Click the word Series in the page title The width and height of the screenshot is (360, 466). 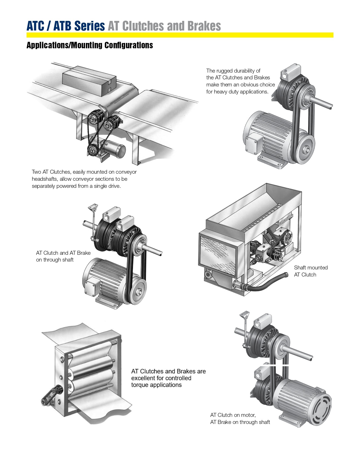90,26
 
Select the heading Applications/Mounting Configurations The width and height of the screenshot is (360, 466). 90,45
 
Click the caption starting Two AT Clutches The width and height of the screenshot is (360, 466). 84,179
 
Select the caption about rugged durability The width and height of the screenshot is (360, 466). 240,81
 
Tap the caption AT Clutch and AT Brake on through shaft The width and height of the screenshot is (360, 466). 63,256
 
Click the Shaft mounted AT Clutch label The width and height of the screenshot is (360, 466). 311,271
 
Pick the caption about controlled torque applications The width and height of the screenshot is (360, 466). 168,378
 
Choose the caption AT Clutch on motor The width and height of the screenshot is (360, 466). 240,418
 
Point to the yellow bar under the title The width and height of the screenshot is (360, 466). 180,35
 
